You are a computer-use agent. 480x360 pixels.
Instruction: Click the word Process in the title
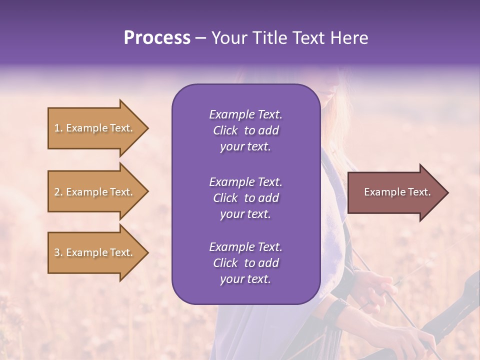click(157, 38)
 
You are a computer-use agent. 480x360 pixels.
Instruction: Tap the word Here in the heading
click(348, 38)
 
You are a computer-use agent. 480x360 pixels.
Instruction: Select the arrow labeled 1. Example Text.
click(95, 128)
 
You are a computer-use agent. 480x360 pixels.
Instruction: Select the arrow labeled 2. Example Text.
click(95, 192)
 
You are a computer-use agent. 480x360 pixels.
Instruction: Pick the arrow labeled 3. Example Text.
click(95, 252)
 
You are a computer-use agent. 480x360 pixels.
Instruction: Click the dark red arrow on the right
click(395, 192)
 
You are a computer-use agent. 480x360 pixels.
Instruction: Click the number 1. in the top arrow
click(58, 128)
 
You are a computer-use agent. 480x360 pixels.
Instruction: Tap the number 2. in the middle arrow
click(58, 192)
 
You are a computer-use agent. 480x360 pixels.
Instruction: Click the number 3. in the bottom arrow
click(58, 252)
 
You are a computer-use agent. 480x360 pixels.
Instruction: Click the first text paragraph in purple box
click(245, 130)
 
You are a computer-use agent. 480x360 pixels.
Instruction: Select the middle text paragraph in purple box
click(245, 198)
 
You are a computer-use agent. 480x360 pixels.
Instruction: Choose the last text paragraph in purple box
click(245, 263)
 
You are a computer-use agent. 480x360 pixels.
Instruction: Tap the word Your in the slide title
click(228, 38)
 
